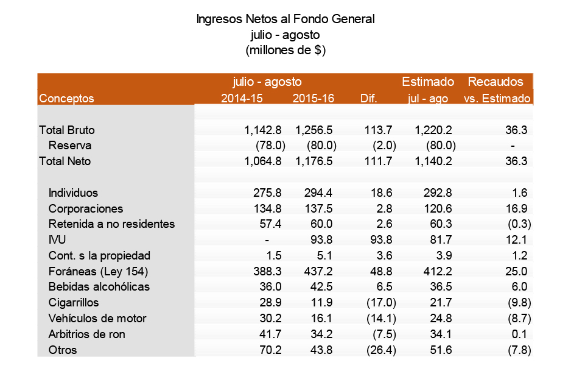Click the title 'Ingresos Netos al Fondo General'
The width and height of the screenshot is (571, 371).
[285, 19]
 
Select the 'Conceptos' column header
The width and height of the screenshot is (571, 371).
[66, 98]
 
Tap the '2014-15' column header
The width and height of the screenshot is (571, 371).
[241, 98]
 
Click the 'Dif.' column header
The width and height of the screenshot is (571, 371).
[369, 98]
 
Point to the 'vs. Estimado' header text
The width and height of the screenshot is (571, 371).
[498, 98]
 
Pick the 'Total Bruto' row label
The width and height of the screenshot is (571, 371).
[67, 130]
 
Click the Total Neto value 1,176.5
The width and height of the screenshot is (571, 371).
[315, 161]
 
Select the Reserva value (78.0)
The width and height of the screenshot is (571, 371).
[267, 146]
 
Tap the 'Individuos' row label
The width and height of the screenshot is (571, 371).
[73, 193]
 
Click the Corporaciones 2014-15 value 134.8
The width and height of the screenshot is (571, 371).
[267, 209]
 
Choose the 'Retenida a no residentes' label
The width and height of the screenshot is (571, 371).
[111, 224]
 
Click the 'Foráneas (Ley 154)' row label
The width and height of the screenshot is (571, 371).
[99, 272]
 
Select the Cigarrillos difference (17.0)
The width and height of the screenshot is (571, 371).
[384, 303]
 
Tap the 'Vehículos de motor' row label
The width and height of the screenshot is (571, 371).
[97, 319]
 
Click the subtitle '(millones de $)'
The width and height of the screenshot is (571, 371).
[285, 51]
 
